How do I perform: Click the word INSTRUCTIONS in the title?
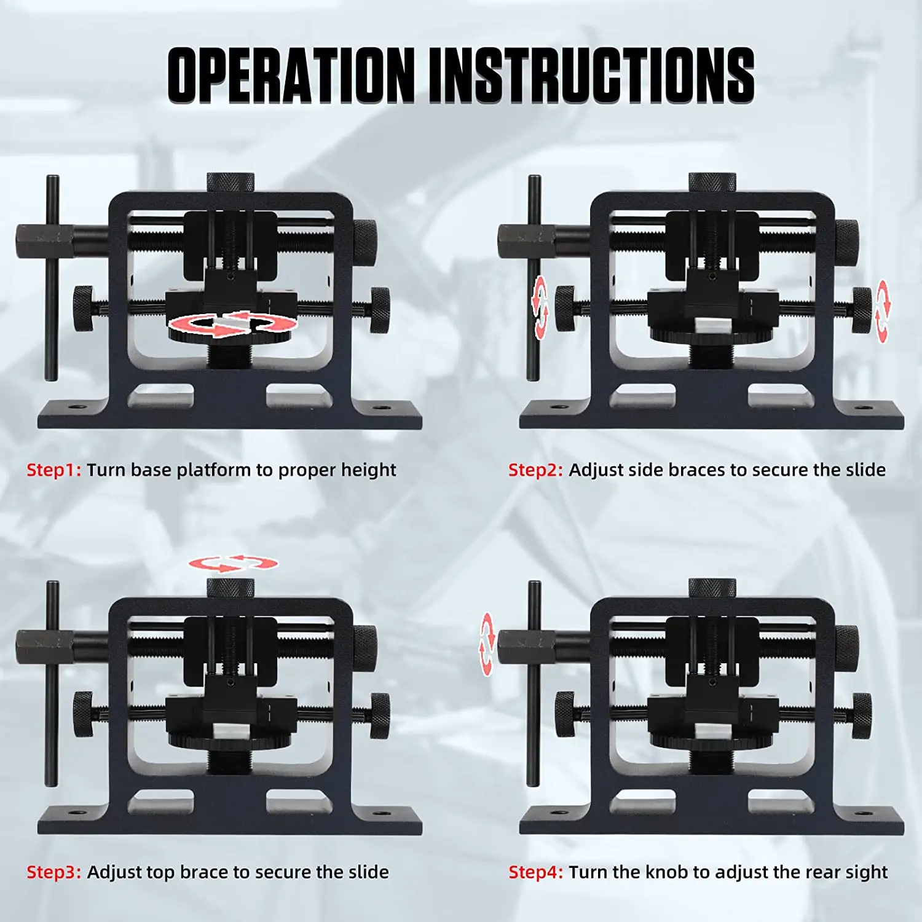pyautogui.click(x=591, y=75)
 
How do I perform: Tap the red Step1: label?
pyautogui.click(x=53, y=470)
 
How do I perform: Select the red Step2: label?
pyautogui.click(x=535, y=470)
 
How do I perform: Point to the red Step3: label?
pyautogui.click(x=53, y=872)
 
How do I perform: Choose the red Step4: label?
pyautogui.click(x=535, y=872)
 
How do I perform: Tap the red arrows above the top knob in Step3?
pyautogui.click(x=233, y=562)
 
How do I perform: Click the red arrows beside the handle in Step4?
pyautogui.click(x=487, y=644)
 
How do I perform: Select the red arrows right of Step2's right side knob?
pyautogui.click(x=882, y=311)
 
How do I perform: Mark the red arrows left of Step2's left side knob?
pyautogui.click(x=540, y=307)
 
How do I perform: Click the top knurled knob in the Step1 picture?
pyautogui.click(x=230, y=183)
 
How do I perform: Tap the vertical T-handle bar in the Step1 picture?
pyautogui.click(x=52, y=277)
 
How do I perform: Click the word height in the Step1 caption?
pyautogui.click(x=368, y=470)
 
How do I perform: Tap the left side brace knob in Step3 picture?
pyautogui.click(x=83, y=714)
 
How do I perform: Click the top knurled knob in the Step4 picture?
pyautogui.click(x=712, y=588)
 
